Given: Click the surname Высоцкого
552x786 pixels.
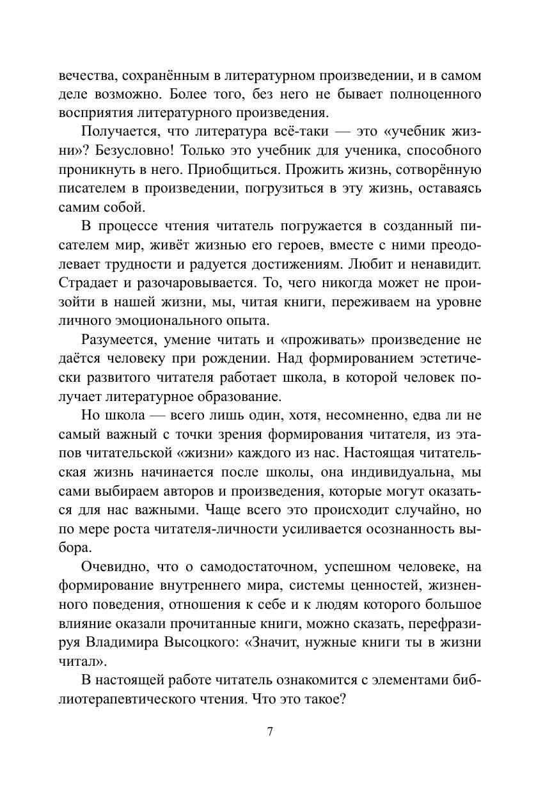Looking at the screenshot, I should [x=200, y=642].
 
